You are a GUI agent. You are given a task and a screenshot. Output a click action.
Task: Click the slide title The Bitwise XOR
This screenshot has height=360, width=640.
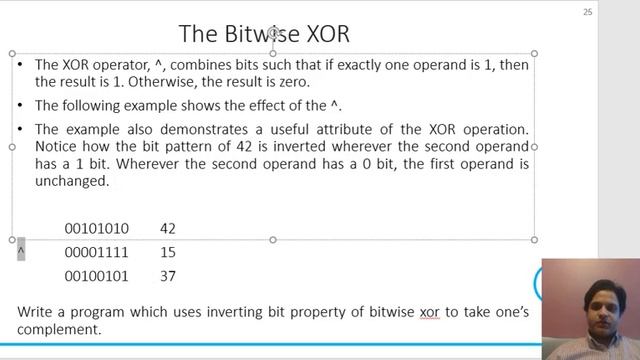click(264, 33)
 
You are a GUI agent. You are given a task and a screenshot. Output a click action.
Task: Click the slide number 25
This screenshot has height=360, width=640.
click(587, 12)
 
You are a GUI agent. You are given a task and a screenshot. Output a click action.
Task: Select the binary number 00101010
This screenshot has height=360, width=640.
click(97, 229)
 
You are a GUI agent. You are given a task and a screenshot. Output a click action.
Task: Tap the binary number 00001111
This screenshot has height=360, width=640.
click(97, 252)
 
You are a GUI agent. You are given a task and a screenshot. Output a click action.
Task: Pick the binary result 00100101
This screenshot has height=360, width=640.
click(97, 275)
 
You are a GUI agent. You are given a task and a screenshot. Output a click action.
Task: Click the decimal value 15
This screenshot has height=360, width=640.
click(167, 252)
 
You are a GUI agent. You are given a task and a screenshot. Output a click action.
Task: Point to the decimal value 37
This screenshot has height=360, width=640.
click(167, 275)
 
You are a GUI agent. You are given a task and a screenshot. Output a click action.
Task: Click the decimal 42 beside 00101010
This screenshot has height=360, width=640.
click(167, 229)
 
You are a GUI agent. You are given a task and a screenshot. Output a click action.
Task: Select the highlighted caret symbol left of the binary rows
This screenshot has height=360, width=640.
click(21, 249)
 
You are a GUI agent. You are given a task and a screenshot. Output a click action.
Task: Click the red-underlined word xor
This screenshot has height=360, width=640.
click(429, 312)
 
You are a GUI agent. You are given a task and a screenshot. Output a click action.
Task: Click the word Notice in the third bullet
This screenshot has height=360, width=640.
click(57, 147)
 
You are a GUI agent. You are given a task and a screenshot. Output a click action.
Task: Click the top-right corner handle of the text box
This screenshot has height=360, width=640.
click(534, 54)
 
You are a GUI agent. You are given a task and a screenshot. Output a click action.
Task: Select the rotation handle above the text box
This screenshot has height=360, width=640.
click(273, 33)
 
